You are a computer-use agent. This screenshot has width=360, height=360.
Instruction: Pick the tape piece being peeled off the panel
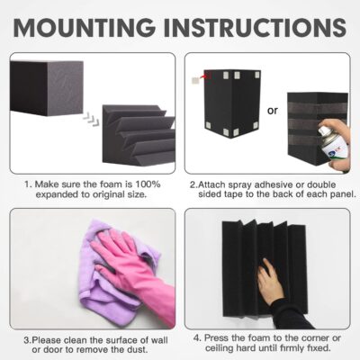pyautogui.click(x=196, y=79)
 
